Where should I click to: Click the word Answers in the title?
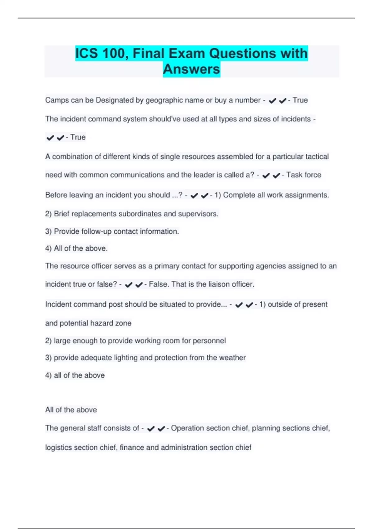[191, 69]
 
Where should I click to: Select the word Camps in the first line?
[55, 100]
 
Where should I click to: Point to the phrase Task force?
[304, 175]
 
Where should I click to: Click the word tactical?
[316, 157]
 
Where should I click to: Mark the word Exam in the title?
[186, 53]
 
